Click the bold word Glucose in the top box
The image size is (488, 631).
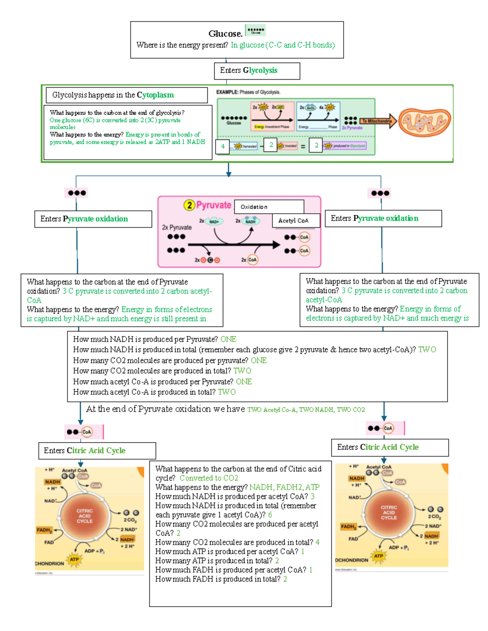(225, 34)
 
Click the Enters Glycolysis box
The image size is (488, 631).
(257, 71)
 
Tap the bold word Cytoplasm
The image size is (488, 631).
(155, 95)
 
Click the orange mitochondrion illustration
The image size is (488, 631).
(424, 121)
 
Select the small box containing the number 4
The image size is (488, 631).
(222, 146)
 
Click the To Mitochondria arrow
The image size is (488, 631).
(378, 121)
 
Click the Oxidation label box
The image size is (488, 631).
(269, 207)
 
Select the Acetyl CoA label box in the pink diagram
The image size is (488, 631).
(296, 221)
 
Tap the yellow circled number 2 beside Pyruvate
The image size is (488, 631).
(189, 205)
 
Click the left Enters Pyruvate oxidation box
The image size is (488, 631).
(93, 219)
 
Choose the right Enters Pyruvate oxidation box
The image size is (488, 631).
(383, 219)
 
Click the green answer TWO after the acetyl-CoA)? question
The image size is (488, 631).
(427, 350)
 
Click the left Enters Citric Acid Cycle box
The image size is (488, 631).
(97, 451)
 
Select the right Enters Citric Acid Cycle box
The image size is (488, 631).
(390, 447)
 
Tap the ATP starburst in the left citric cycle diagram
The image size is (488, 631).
(74, 559)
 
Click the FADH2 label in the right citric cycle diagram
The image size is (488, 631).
(349, 527)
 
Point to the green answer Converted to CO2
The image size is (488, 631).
(209, 478)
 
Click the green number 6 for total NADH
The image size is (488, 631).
(270, 515)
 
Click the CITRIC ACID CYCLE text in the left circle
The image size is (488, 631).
(85, 516)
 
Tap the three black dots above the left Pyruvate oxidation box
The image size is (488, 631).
(77, 193)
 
